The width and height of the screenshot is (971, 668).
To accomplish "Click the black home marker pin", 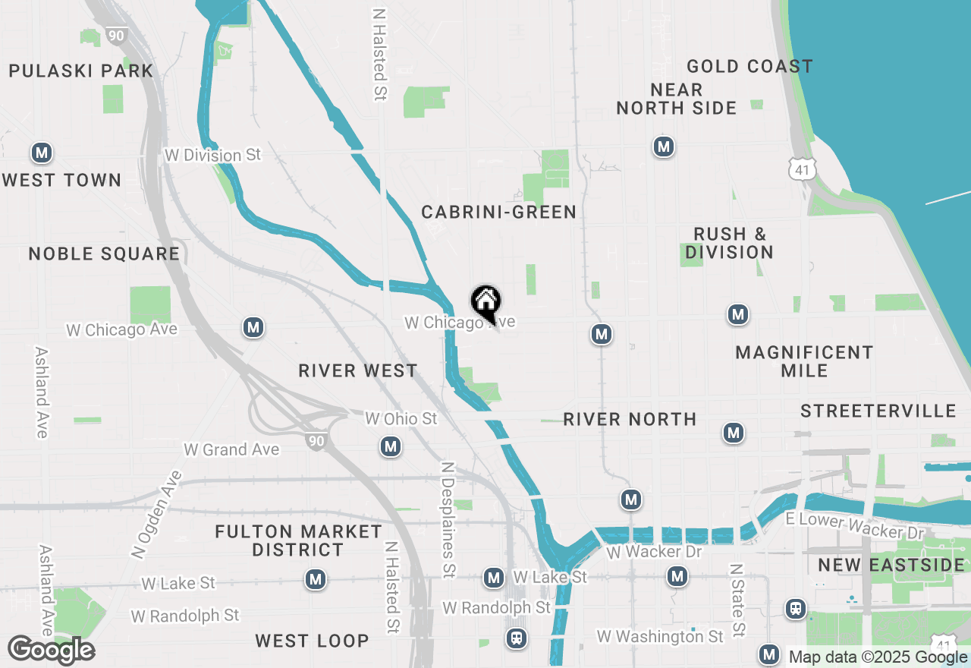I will tap(485, 302).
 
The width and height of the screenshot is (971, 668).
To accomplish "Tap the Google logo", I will tap(51, 650).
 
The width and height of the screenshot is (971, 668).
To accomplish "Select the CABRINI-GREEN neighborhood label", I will tap(499, 212).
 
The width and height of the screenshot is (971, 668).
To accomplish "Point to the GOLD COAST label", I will tap(749, 67).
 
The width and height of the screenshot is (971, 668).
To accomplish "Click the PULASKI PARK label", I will tap(81, 71).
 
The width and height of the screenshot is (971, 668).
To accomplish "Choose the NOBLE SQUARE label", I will tap(105, 254).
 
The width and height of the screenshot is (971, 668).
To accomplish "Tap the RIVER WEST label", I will tap(358, 370).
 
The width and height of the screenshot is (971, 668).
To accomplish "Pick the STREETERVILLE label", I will tap(878, 411).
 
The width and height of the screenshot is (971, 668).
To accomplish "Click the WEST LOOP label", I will tap(312, 641).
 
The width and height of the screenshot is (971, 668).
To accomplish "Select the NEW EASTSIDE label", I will tap(891, 565).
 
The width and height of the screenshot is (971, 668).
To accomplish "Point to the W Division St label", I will tap(212, 155).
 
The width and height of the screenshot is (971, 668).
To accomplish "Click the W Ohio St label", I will tap(401, 419).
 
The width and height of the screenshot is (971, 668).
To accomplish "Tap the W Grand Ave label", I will tap(231, 449).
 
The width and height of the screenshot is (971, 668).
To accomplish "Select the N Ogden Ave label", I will tap(157, 515).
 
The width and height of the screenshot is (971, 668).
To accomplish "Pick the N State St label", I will tap(735, 600).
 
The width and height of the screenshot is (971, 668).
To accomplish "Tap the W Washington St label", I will tap(660, 636).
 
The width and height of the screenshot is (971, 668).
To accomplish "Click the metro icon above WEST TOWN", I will tap(42, 153).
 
